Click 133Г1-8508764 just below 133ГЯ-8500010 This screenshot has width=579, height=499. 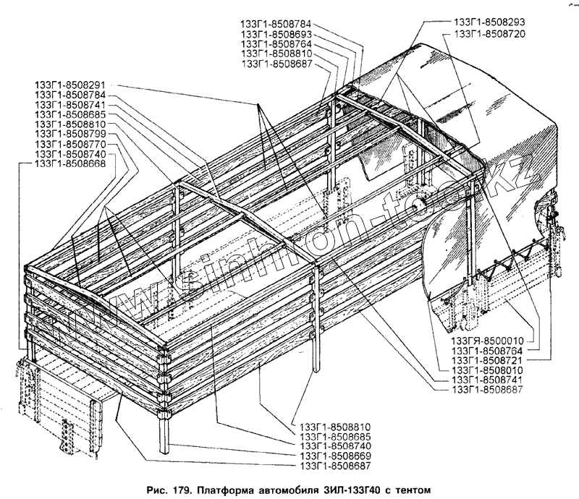pyautogui.click(x=491, y=350)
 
